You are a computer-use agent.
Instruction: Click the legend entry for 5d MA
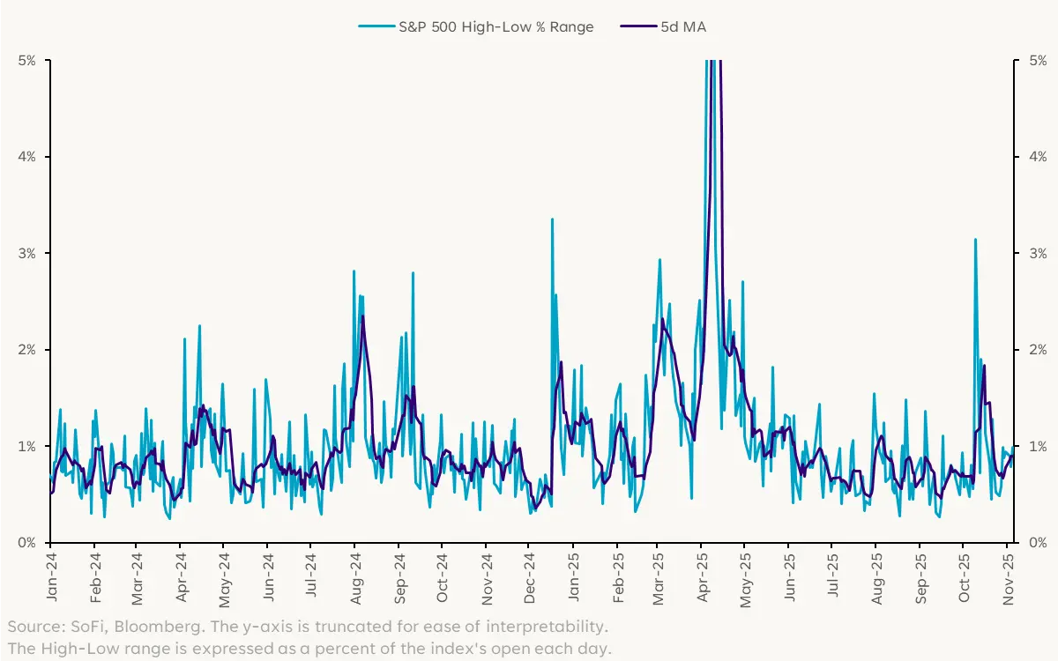coord(682,26)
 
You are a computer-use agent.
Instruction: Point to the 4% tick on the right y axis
coord(1032,157)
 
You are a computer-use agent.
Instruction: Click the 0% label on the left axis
coord(26,543)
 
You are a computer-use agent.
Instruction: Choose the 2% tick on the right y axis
coord(1032,350)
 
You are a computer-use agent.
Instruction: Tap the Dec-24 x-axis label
coord(529,577)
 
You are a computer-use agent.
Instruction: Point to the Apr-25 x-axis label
coord(703,577)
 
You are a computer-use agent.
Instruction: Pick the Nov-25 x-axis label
coord(1008,577)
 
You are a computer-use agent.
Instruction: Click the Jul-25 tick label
coord(833,577)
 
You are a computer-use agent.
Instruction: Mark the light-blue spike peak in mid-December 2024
coord(552,219)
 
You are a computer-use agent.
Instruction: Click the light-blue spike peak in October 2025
coord(975,239)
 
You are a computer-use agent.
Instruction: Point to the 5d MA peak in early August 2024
coord(362,316)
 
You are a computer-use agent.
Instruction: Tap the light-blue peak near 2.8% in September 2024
coord(413,273)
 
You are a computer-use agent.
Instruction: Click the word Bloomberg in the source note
coord(131,627)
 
